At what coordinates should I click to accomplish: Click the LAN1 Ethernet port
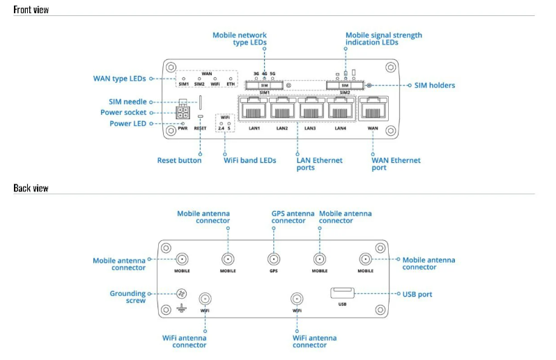[254, 109]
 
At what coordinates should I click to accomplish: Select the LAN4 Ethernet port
[341, 109]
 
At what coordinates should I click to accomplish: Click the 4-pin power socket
[184, 113]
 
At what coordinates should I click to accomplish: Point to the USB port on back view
[342, 293]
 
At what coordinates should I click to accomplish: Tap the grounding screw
[182, 294]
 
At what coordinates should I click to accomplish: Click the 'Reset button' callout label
[179, 160]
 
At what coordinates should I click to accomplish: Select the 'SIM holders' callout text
[435, 86]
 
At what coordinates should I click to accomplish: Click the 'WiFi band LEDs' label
[249, 160]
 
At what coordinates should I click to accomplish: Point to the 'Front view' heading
[31, 10]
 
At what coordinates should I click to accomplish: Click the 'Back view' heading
[31, 188]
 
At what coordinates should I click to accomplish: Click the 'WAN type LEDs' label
[119, 79]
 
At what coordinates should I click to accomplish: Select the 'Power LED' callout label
[131, 124]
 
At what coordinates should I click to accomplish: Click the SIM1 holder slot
[264, 86]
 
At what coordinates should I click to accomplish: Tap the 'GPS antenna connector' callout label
[288, 217]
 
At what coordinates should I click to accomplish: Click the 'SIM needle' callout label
[128, 102]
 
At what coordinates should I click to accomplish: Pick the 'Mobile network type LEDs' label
[240, 39]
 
